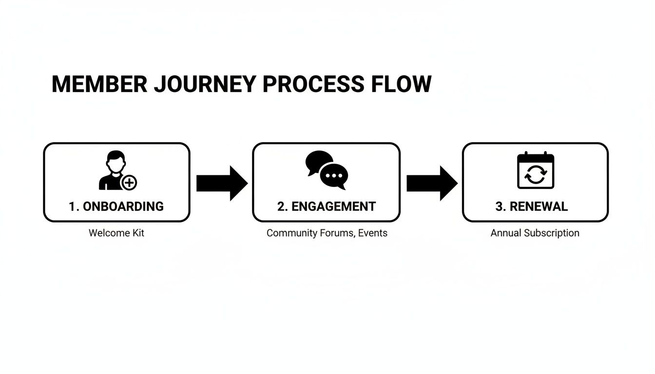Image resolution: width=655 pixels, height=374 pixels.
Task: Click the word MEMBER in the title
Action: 99,84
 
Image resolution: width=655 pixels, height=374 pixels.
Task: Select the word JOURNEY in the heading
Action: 204,84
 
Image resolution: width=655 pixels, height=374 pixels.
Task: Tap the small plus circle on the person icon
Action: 129,183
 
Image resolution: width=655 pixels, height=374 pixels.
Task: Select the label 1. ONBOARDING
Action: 116,206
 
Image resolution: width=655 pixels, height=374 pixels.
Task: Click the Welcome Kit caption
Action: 116,233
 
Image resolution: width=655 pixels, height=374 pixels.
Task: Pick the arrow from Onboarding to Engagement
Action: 222,183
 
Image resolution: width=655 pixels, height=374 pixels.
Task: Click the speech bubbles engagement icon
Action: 327,170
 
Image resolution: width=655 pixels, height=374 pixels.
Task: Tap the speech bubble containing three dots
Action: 334,176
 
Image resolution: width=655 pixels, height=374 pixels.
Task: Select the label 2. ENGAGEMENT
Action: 326,206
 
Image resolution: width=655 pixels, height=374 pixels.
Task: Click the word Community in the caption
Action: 292,233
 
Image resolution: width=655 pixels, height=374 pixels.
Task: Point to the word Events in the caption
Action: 372,233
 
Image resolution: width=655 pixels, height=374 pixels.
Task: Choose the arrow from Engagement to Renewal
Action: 432,183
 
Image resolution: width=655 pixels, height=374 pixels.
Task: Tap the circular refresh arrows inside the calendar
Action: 535,175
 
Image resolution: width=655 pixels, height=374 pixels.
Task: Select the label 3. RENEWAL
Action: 531,206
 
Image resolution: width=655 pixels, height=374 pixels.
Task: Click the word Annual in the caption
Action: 505,233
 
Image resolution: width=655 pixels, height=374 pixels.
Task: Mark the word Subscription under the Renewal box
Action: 551,233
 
